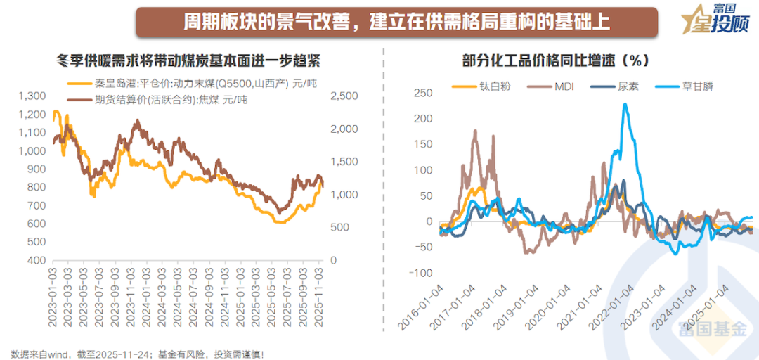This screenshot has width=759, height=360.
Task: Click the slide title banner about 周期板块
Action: [396, 21]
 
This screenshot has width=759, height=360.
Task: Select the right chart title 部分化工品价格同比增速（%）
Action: [555, 60]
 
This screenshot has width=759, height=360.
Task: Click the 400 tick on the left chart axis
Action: [37, 260]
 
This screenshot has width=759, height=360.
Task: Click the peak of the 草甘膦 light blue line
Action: [625, 104]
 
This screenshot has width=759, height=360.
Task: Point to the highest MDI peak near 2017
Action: [475, 131]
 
